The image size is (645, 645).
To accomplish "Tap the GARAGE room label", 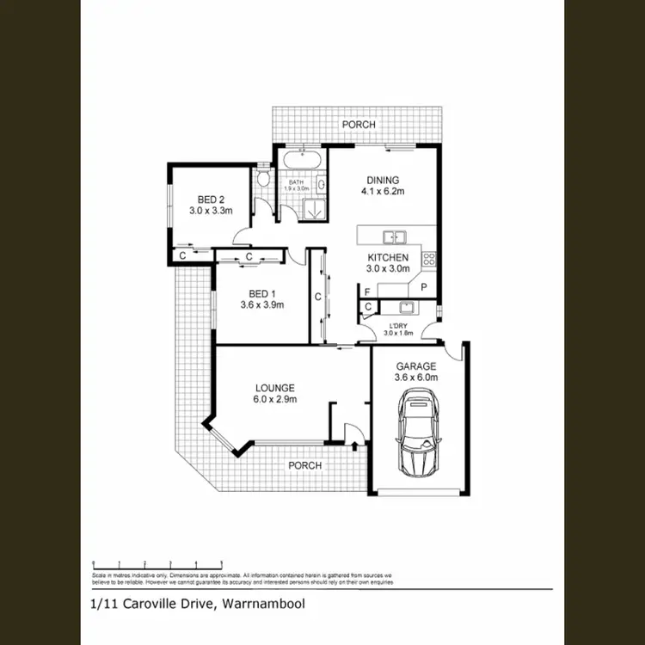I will pos(416,365).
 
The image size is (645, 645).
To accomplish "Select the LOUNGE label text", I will pos(275,387).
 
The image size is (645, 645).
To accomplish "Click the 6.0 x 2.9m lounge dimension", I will pos(275,399).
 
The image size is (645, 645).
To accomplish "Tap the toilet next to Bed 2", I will pos(263,179).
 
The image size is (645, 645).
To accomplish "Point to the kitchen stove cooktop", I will pos(428,257).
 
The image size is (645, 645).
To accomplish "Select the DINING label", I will pos(383,180).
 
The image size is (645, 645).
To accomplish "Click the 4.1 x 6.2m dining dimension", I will pos(383,191).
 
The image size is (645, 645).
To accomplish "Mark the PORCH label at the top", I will pos(358,125).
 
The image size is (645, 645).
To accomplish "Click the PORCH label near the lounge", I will pos(305,465).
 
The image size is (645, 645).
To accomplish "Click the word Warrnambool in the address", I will pos(263,604).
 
